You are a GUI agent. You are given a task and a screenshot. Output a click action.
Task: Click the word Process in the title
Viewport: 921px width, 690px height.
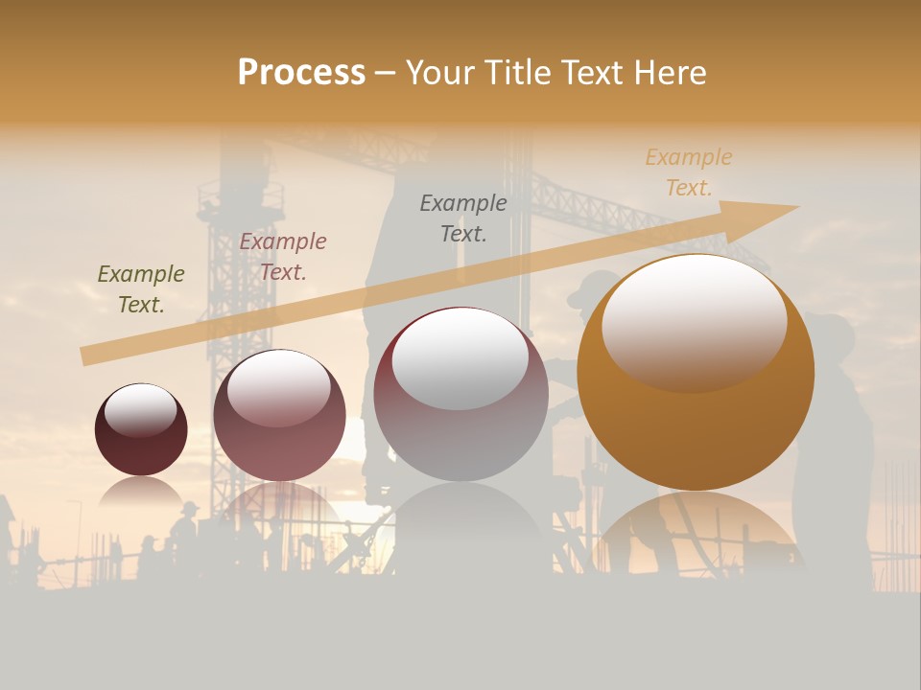pos(301,73)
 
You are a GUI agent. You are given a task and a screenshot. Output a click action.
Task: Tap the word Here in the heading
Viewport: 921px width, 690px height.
pos(670,73)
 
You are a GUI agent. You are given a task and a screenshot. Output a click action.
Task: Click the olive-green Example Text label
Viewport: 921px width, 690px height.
pos(141,289)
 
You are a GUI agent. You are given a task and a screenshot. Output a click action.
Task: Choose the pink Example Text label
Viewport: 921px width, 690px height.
pos(283,257)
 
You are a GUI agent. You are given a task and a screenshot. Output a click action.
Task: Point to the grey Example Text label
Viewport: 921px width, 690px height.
pos(463,218)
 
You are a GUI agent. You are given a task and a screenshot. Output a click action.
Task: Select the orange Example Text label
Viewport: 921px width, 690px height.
pos(689,172)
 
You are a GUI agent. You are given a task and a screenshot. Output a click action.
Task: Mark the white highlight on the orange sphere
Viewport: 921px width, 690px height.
pos(694,321)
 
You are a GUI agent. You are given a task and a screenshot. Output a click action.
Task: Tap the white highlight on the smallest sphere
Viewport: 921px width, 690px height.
pos(140,409)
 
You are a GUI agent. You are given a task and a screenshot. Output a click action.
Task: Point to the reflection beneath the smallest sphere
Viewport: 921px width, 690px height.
pos(141,491)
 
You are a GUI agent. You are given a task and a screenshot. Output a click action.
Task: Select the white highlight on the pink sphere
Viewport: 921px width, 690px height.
pos(278,387)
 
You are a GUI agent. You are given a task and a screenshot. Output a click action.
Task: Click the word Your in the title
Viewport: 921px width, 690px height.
pos(440,73)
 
